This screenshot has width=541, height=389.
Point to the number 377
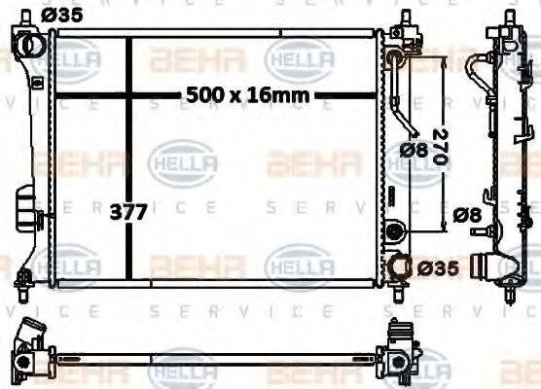tap(126, 212)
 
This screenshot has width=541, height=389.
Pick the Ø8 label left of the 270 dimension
tap(413, 150)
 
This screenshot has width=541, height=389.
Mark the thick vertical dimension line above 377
tap(130, 117)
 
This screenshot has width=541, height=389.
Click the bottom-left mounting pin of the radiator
tap(21, 290)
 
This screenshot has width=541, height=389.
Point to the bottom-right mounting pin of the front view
tap(397, 289)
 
